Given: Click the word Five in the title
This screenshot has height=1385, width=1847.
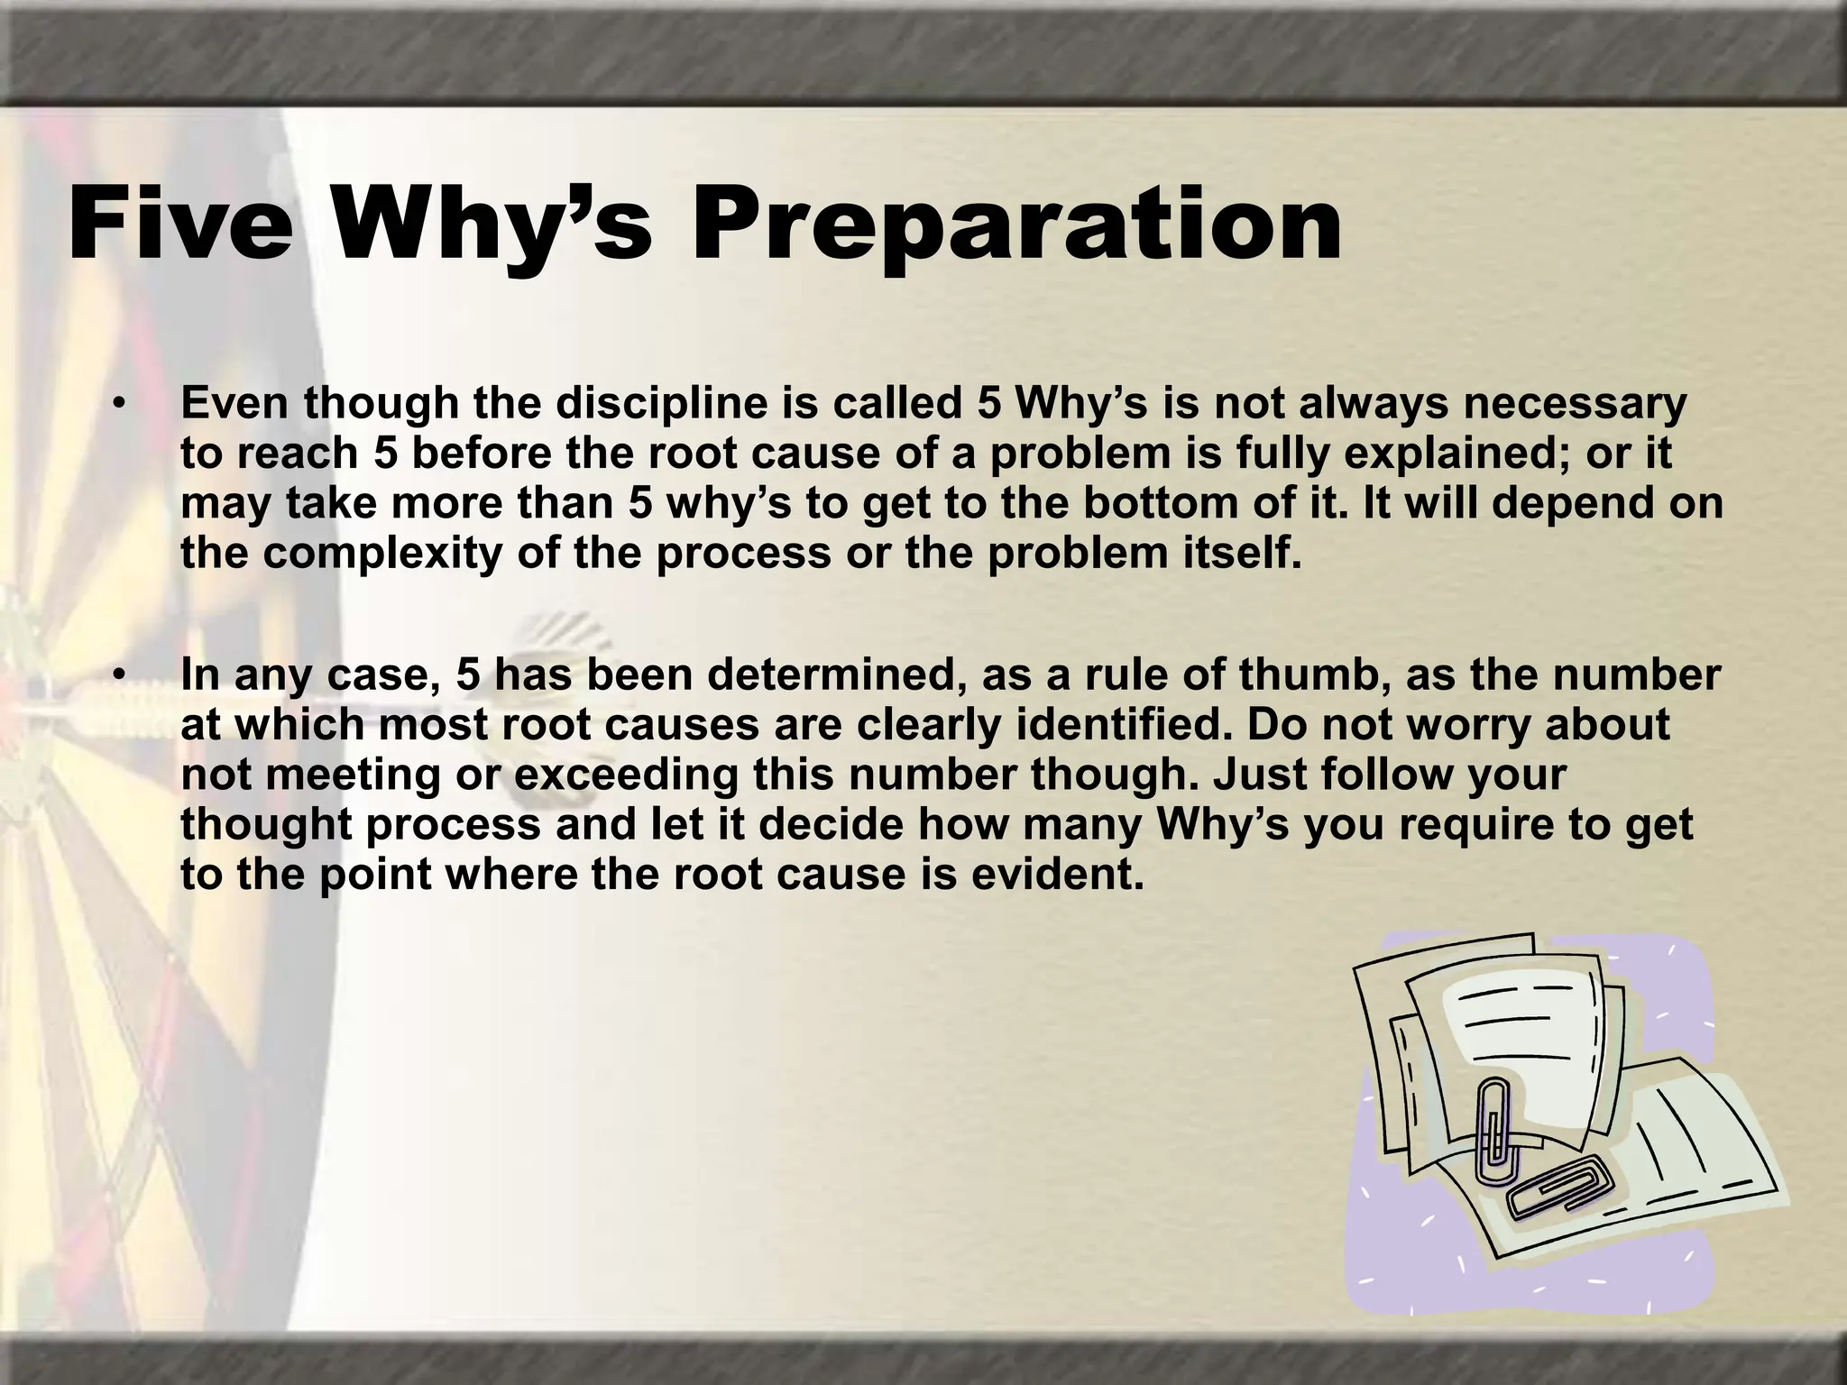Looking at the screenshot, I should pos(180,223).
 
